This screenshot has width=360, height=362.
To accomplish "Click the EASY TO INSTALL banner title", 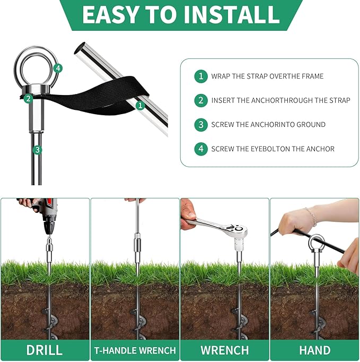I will [180, 15].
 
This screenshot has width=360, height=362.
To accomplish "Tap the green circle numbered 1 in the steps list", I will [200, 76].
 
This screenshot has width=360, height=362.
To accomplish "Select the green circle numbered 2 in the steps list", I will [200, 100].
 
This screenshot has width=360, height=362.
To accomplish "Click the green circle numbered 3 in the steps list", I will [200, 124].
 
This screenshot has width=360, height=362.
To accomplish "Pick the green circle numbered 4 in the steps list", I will [200, 149].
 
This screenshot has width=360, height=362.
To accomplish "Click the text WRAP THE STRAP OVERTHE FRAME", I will [267, 76].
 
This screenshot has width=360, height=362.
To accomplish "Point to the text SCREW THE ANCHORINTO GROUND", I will [268, 124].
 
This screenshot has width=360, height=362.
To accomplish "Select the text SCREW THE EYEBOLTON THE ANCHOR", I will [273, 149].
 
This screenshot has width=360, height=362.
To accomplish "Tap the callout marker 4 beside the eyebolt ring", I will [58, 68].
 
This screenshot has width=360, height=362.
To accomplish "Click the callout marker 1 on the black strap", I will [140, 105].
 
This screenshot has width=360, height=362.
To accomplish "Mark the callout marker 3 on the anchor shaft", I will [37, 150].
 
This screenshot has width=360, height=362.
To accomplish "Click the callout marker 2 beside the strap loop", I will [28, 98].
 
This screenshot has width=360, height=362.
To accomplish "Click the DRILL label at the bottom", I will [45, 350].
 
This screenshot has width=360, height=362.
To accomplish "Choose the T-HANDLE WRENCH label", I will [135, 350].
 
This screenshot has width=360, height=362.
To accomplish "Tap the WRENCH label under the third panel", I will [224, 350].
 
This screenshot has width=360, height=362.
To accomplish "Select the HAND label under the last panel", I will [314, 350].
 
